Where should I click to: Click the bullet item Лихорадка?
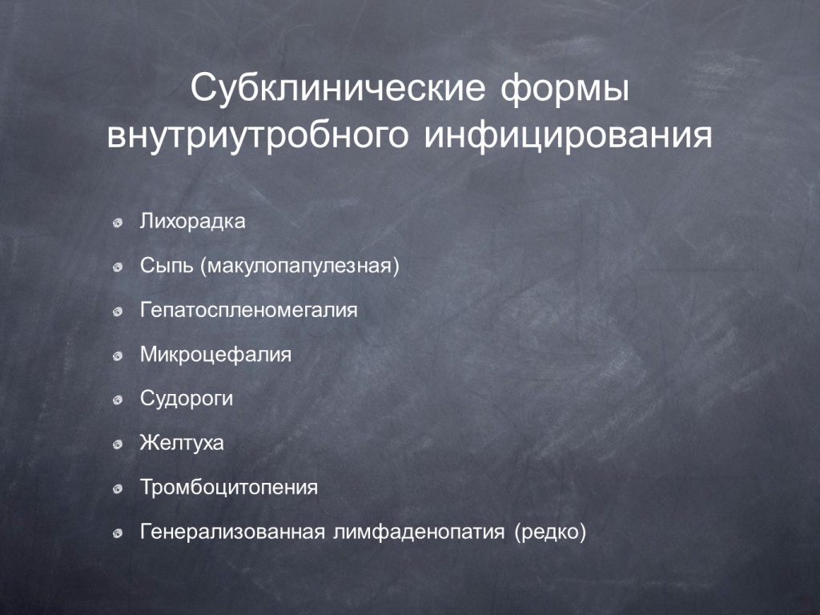click(x=192, y=221)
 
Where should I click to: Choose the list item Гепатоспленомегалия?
click(x=249, y=310)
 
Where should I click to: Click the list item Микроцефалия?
click(x=215, y=355)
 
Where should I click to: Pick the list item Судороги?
click(x=187, y=400)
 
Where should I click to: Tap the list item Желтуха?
click(x=182, y=443)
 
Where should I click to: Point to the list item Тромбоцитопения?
click(x=229, y=488)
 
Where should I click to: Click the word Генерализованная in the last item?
click(x=233, y=532)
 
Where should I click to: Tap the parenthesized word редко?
click(x=550, y=533)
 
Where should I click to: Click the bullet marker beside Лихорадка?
click(x=118, y=223)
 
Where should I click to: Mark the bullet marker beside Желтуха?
click(x=118, y=445)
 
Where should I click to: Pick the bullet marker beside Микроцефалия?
click(x=118, y=356)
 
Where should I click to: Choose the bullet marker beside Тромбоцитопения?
click(x=118, y=489)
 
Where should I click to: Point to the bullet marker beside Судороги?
click(x=118, y=400)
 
